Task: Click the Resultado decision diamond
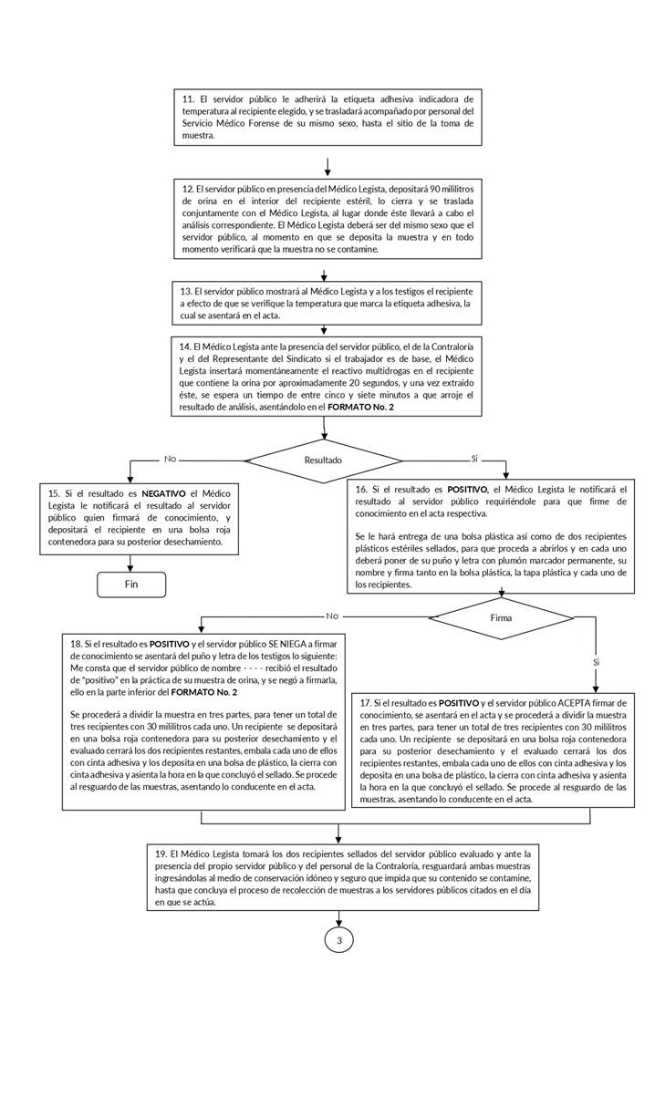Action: (x=324, y=461)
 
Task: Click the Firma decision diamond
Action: (x=500, y=617)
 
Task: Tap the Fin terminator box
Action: (x=131, y=585)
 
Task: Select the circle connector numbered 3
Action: (x=338, y=939)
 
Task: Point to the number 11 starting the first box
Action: (x=188, y=98)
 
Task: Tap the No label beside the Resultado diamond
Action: (x=170, y=458)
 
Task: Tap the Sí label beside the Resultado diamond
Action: (x=474, y=458)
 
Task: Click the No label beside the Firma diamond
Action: (x=331, y=615)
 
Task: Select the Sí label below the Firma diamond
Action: (x=596, y=660)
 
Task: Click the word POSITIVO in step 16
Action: (x=467, y=490)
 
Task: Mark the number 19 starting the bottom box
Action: (x=161, y=852)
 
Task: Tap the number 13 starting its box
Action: (x=186, y=291)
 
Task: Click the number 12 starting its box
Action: (x=188, y=188)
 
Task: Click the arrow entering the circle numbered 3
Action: (x=338, y=920)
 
